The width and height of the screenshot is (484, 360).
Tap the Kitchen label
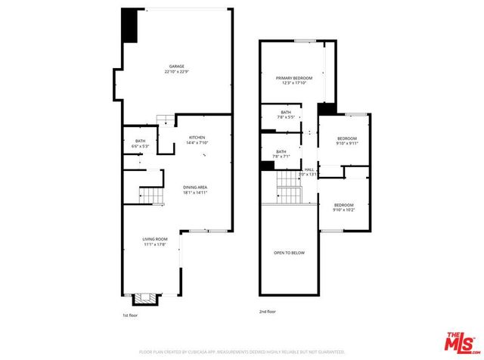tap(187, 137)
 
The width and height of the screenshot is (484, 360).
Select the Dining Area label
tap(195, 187)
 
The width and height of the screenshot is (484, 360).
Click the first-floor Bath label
tap(140, 141)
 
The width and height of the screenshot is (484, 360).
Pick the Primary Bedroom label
tap(293, 78)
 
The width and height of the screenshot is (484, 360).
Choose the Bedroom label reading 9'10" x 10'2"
tap(343, 205)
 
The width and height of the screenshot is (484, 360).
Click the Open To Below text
tap(289, 253)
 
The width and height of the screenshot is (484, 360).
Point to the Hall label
tap(309, 169)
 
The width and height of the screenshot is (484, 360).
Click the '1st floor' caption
tap(130, 315)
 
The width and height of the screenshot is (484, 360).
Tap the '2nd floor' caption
tap(267, 311)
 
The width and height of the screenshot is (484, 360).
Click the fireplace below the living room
tap(150, 299)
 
